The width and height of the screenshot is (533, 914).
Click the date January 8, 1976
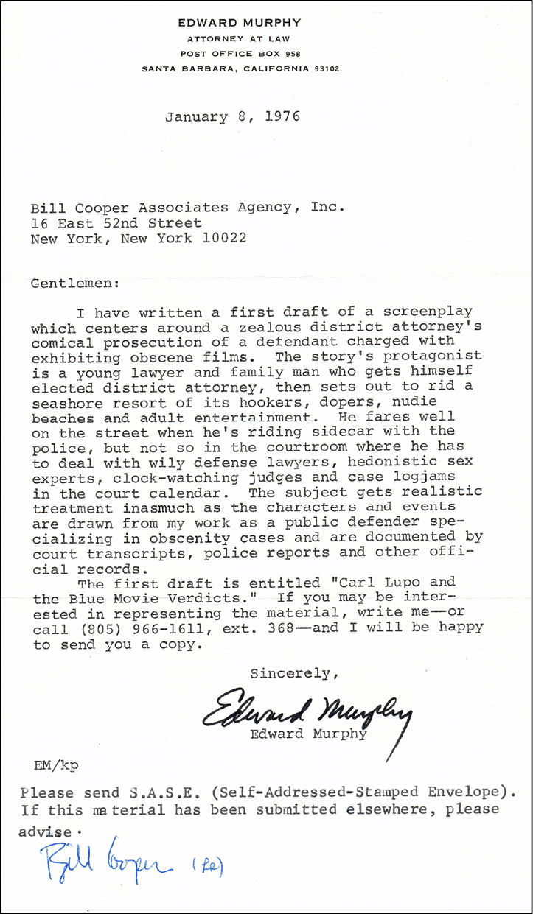tap(232, 116)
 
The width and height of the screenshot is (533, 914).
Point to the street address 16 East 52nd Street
tap(116, 222)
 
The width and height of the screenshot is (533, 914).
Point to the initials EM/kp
tap(56, 764)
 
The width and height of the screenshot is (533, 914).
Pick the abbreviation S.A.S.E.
tap(140, 792)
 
